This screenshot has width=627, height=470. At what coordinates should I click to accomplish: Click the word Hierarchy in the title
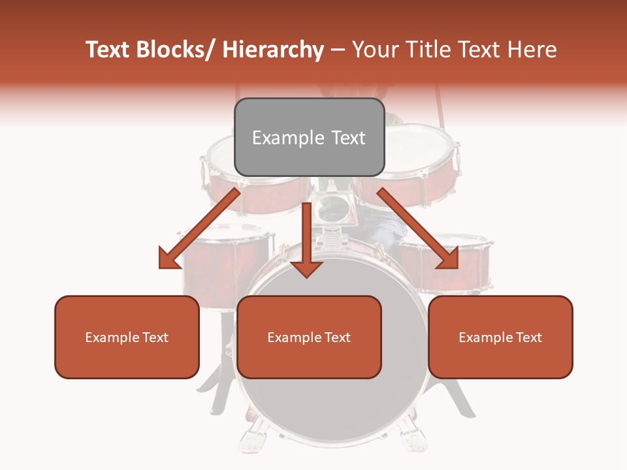(x=273, y=50)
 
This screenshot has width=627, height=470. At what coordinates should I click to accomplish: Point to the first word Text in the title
(x=107, y=50)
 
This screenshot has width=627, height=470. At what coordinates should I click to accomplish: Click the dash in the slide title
(x=338, y=50)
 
